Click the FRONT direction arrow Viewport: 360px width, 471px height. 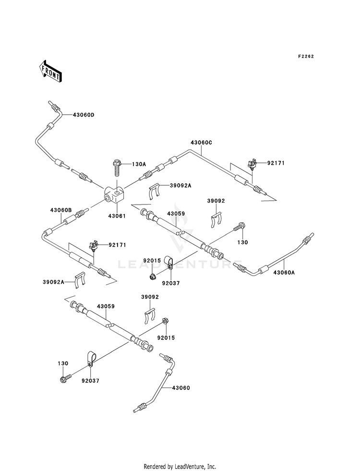[50, 71]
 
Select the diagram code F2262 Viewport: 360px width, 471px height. [306, 56]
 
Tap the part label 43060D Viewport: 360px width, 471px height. [83, 115]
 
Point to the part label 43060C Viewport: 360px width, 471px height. [201, 143]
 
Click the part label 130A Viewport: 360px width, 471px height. [139, 164]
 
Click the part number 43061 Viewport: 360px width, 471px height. [117, 216]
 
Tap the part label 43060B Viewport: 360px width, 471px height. [61, 210]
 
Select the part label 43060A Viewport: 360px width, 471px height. [284, 272]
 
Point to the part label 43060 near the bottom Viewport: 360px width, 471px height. [181, 388]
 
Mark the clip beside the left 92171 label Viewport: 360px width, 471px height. [94, 246]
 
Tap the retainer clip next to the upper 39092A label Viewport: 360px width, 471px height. [155, 191]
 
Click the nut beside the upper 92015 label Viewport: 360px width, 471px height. [153, 276]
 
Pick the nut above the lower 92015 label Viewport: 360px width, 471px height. [165, 321]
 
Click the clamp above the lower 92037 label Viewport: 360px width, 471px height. [91, 359]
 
